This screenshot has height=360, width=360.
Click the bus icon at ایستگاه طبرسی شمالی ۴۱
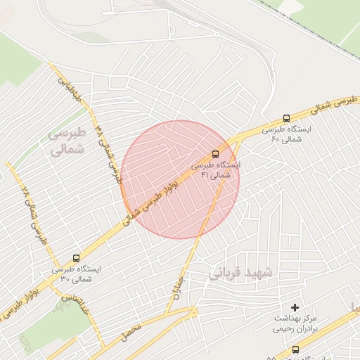[215, 153]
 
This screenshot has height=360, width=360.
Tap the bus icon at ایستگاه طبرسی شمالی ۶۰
[286, 118]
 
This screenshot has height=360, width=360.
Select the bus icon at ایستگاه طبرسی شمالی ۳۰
[76, 257]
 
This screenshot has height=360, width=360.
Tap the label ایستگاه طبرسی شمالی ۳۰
[76, 274]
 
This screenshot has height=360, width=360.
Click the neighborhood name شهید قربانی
[243, 271]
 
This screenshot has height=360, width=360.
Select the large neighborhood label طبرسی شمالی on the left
[67, 141]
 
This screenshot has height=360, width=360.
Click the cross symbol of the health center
[295, 307]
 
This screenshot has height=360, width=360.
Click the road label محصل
[131, 328]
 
